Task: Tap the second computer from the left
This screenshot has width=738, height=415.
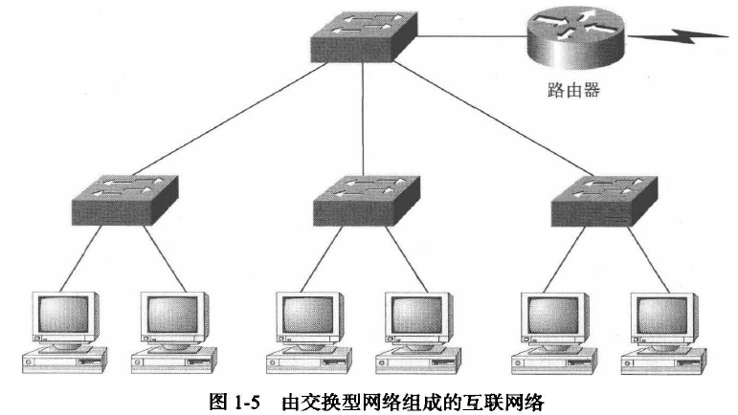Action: click(x=172, y=330)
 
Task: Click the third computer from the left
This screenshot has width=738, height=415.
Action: click(x=309, y=330)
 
